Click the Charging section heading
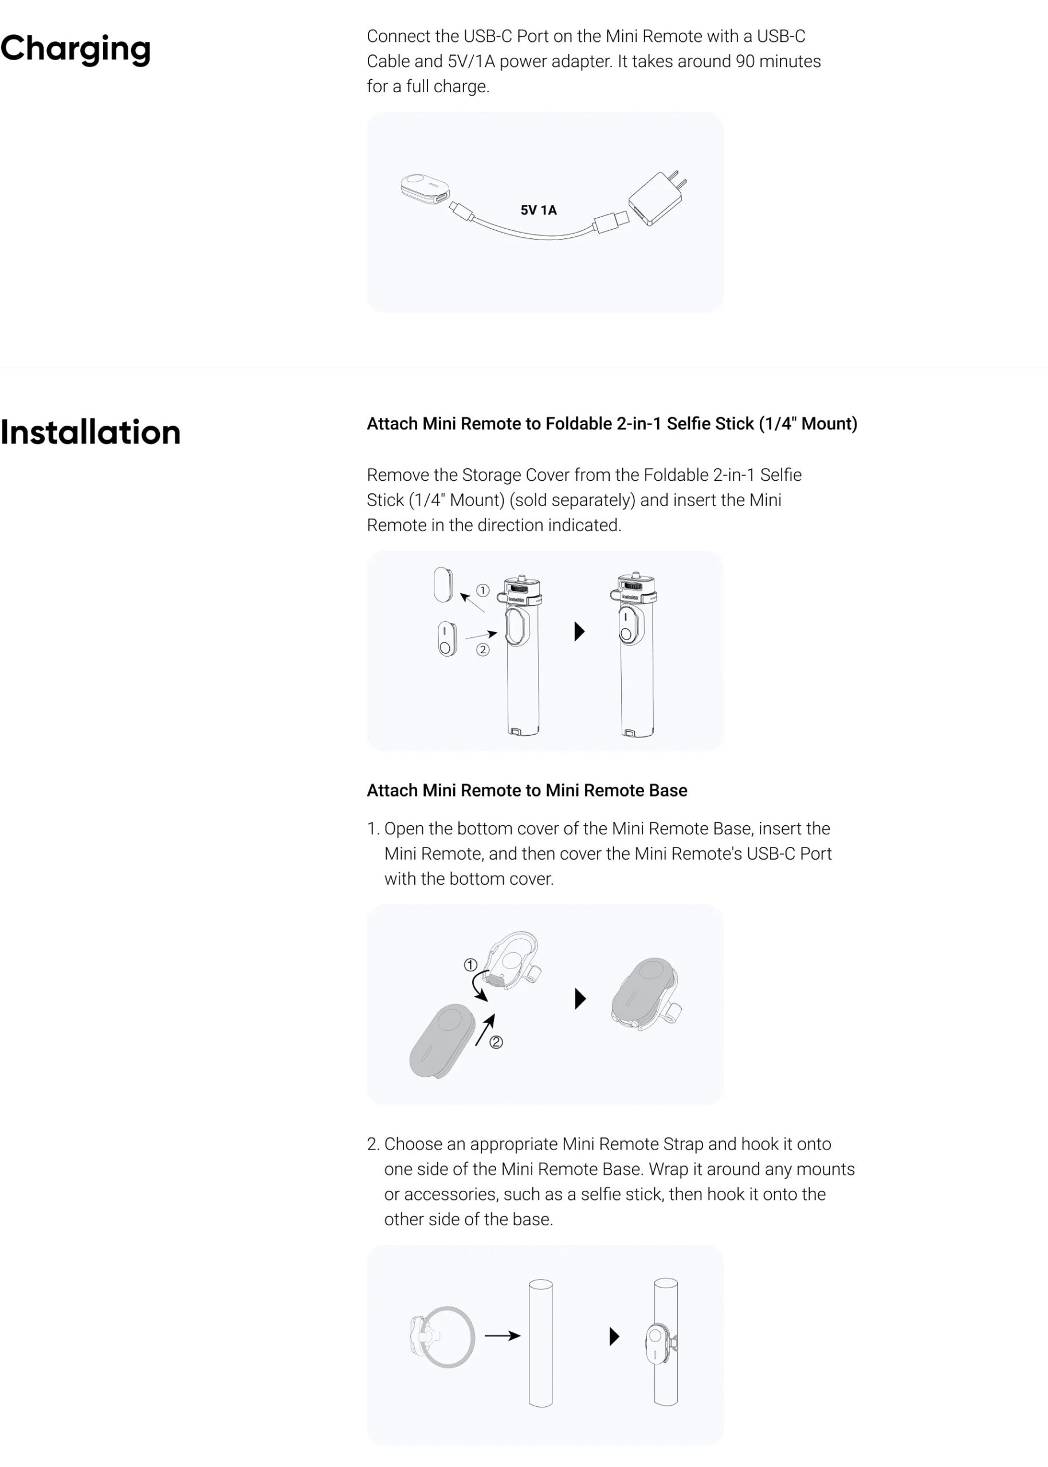click(76, 48)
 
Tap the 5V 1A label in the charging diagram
click(538, 210)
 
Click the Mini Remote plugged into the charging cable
click(424, 188)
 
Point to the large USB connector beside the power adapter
click(610, 221)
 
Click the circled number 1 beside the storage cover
click(482, 590)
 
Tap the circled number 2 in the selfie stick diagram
click(482, 649)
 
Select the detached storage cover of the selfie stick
click(443, 584)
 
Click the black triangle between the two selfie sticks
click(579, 631)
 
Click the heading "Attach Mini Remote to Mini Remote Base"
click(527, 790)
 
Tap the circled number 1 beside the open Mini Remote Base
click(470, 965)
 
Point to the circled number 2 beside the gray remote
click(496, 1042)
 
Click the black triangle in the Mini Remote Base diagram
click(580, 998)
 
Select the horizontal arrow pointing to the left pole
click(502, 1335)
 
